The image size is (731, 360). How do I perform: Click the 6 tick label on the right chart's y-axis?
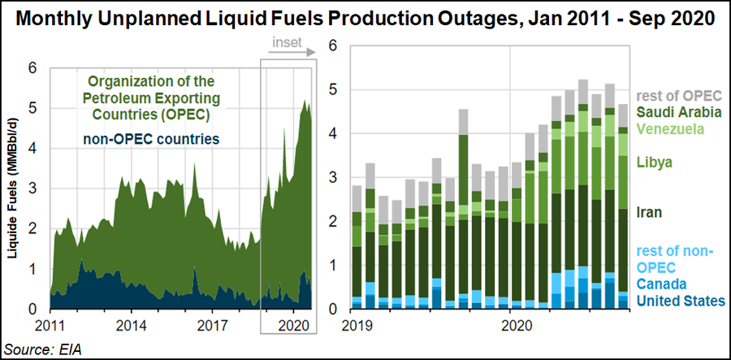pos(331,46)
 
